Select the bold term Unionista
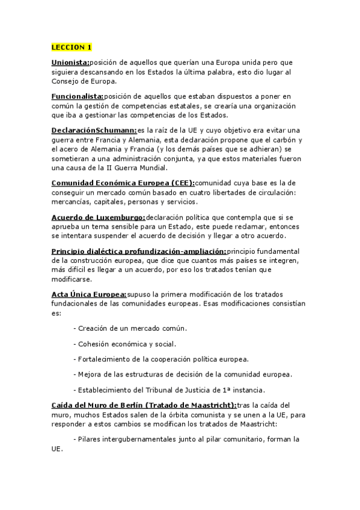70,62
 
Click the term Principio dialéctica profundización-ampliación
139,250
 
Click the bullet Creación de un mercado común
130,328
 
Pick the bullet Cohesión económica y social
124,344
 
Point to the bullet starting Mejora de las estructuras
182,374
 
